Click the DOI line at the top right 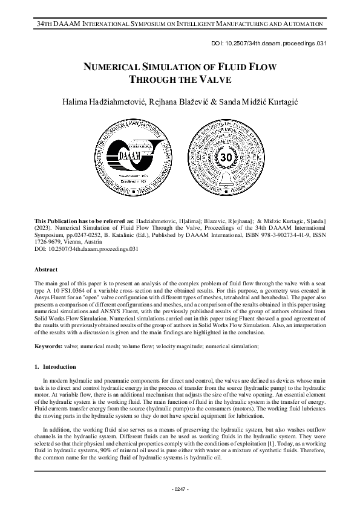pyautogui.click(x=276, y=44)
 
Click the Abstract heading pyautogui.click(x=46, y=269)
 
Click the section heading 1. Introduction pyautogui.click(x=55, y=366)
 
